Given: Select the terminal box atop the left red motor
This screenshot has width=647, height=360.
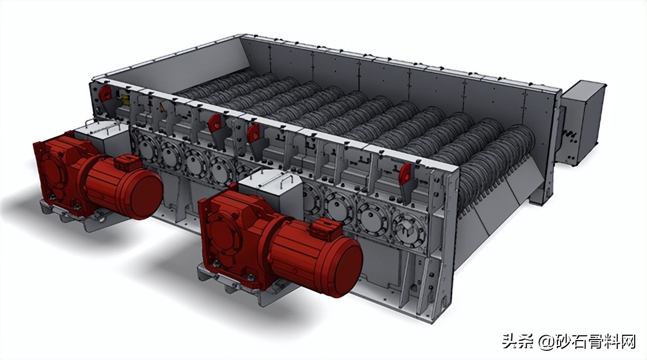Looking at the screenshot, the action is tap(127, 163).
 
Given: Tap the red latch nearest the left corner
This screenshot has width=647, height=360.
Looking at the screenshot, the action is tap(104, 93).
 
